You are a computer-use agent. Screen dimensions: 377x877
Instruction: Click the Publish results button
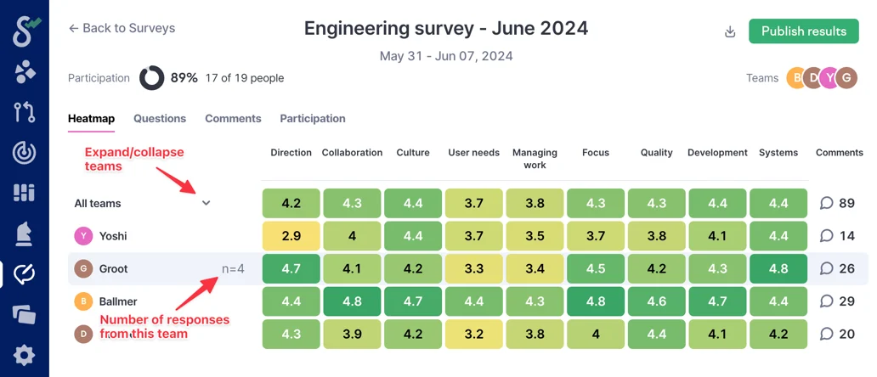(803, 31)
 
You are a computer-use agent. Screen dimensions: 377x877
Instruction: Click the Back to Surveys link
(122, 28)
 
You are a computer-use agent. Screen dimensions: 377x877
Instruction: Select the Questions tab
(160, 119)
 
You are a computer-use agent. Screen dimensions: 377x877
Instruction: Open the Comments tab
(233, 119)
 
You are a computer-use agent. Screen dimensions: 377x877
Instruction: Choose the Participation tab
(313, 119)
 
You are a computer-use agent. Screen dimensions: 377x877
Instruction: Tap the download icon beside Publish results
(729, 32)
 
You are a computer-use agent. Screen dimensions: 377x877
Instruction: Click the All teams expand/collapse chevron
(206, 203)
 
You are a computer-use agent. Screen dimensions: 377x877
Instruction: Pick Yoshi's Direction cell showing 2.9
(291, 236)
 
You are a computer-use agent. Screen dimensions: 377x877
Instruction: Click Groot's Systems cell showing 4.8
(778, 268)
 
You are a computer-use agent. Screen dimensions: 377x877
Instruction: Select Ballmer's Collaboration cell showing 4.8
(352, 301)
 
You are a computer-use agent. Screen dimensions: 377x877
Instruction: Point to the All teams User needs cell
(474, 203)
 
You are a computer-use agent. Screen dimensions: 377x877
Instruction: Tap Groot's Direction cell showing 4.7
(291, 268)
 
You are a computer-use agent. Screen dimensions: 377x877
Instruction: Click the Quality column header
(657, 153)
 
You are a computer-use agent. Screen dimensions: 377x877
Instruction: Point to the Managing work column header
(535, 159)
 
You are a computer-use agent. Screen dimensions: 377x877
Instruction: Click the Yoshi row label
(112, 236)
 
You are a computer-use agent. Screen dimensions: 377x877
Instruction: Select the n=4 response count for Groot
(233, 268)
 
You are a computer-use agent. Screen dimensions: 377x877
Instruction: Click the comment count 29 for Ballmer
(837, 301)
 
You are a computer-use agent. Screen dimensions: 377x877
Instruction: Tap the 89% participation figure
(184, 78)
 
